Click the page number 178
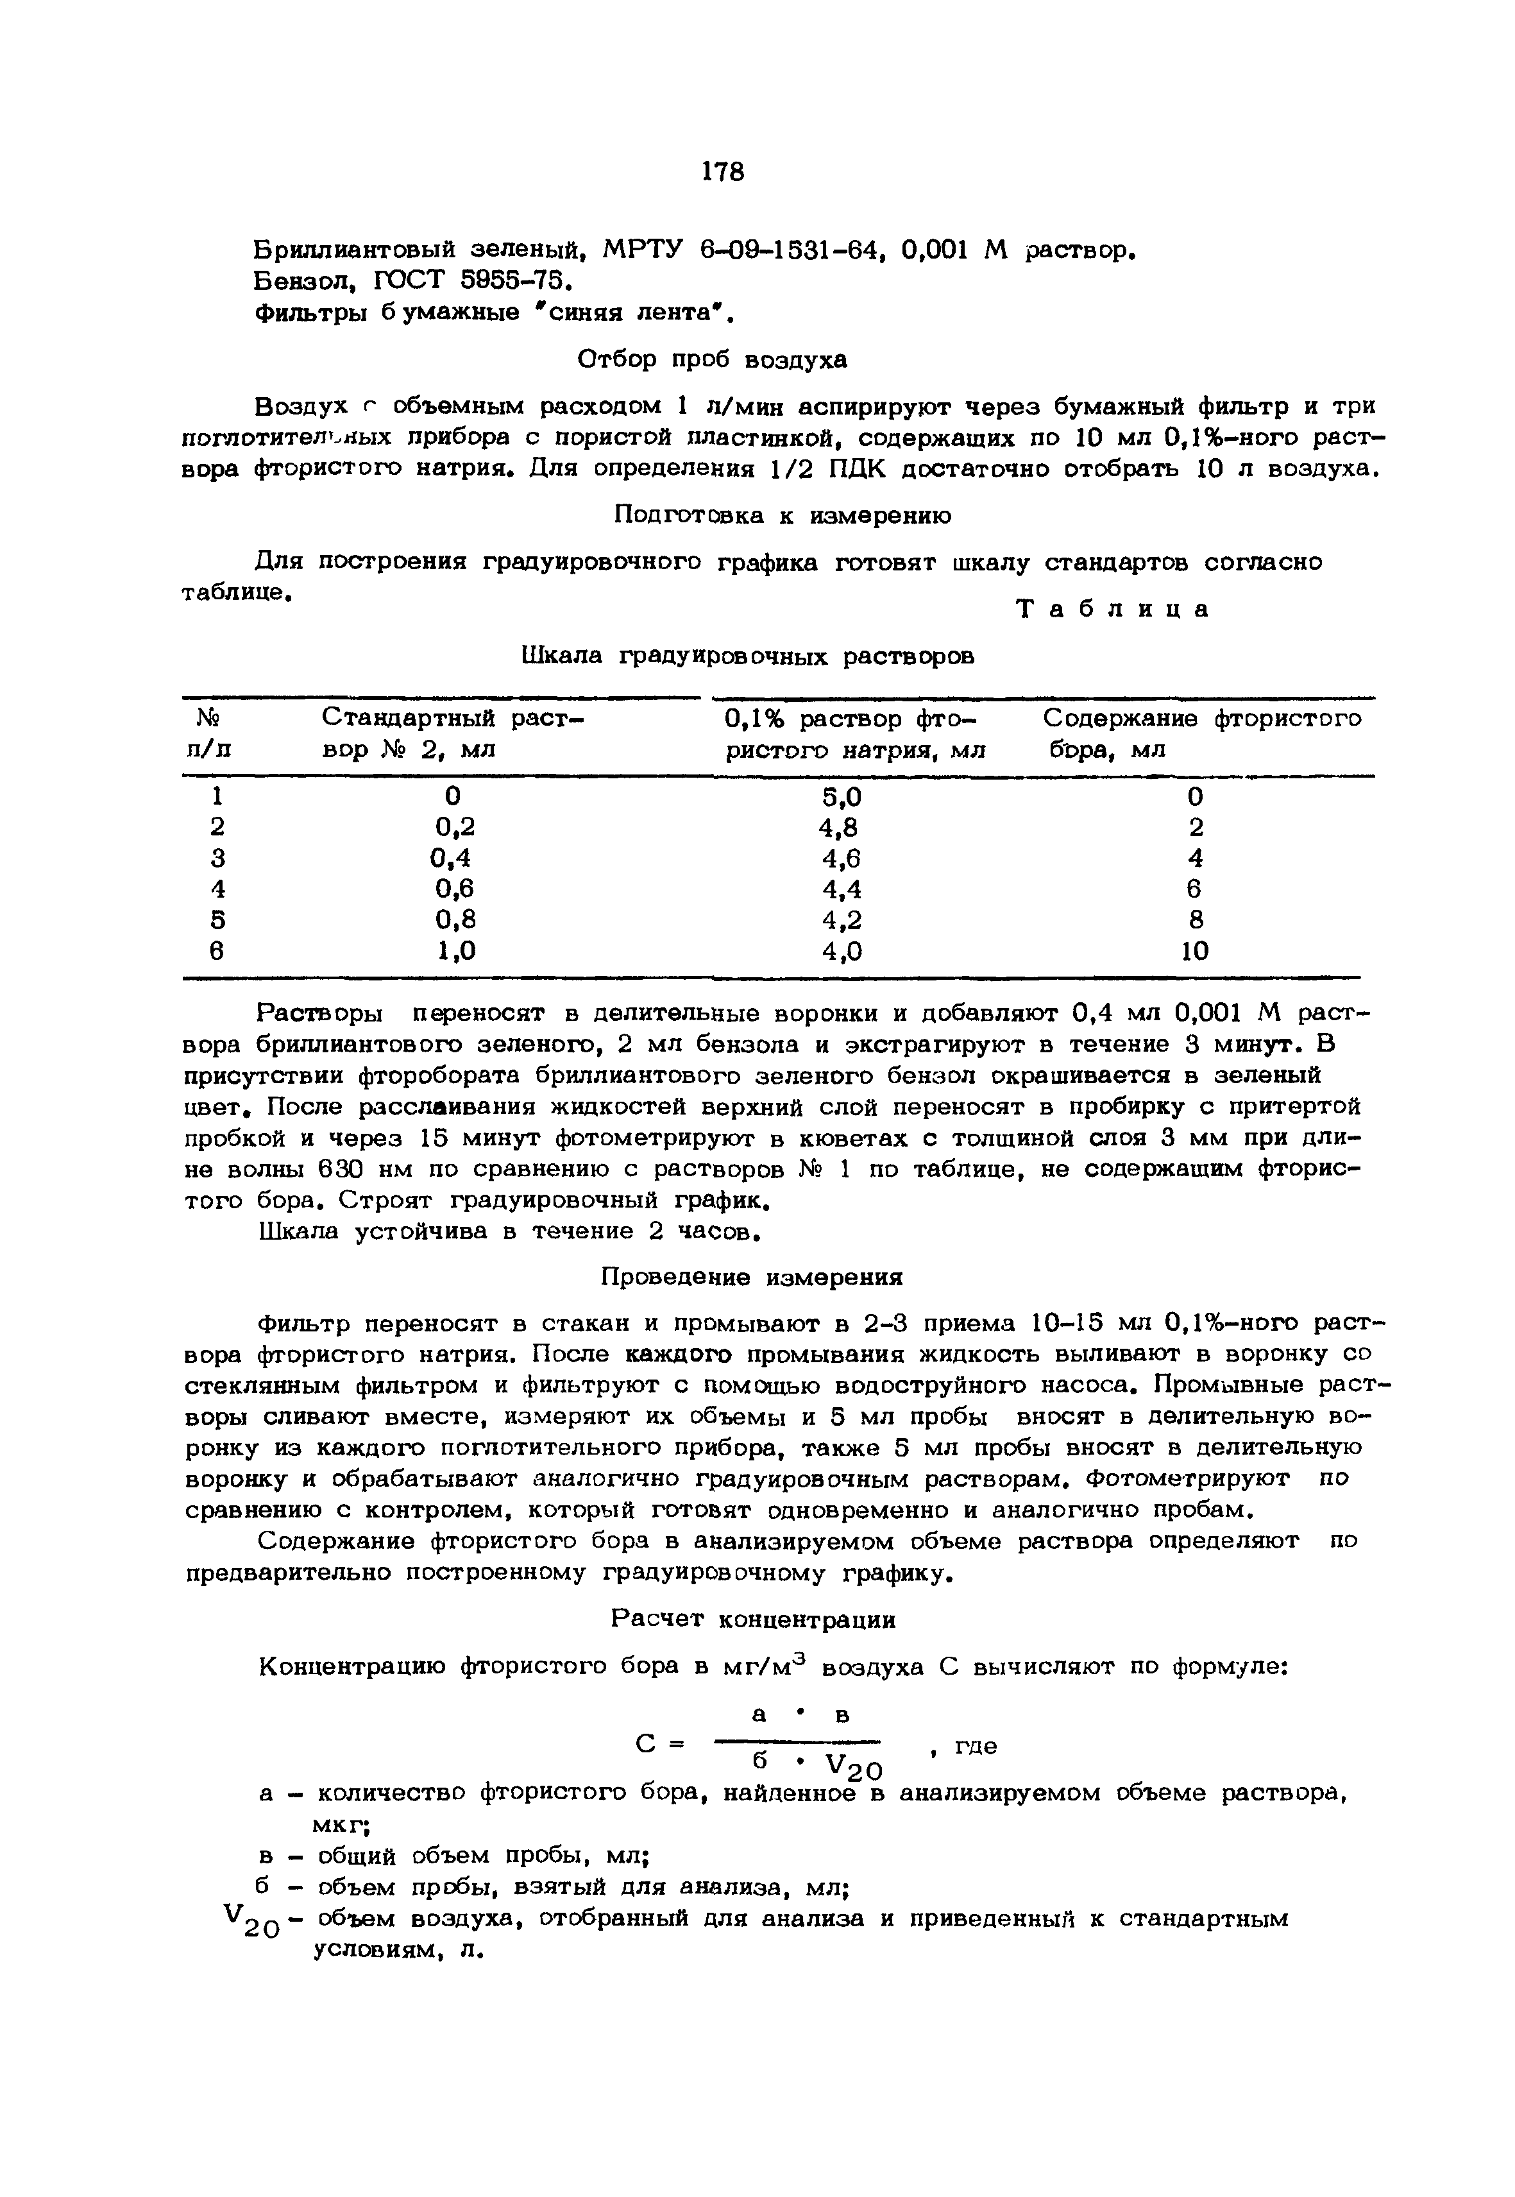(x=724, y=172)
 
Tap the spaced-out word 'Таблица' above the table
(x=1113, y=610)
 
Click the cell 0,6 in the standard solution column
(x=453, y=889)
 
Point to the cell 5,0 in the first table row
(x=842, y=796)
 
